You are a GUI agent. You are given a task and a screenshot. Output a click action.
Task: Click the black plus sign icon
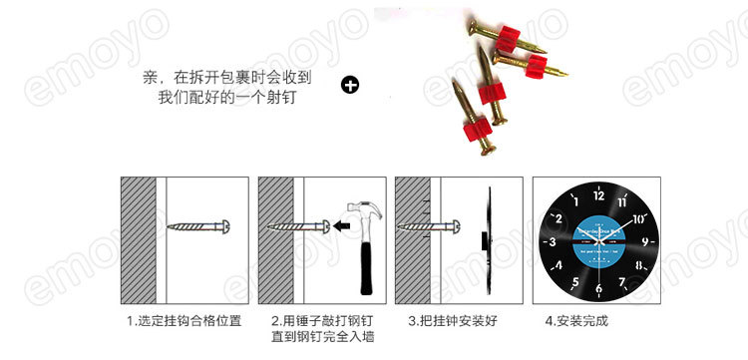[350, 86]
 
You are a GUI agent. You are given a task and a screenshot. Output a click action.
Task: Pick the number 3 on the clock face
[550, 242]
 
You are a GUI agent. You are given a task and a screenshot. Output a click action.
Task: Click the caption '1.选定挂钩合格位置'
[184, 322]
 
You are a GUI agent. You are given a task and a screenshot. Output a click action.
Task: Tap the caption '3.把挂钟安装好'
[452, 322]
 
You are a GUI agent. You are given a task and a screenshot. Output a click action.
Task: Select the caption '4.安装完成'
[575, 322]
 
